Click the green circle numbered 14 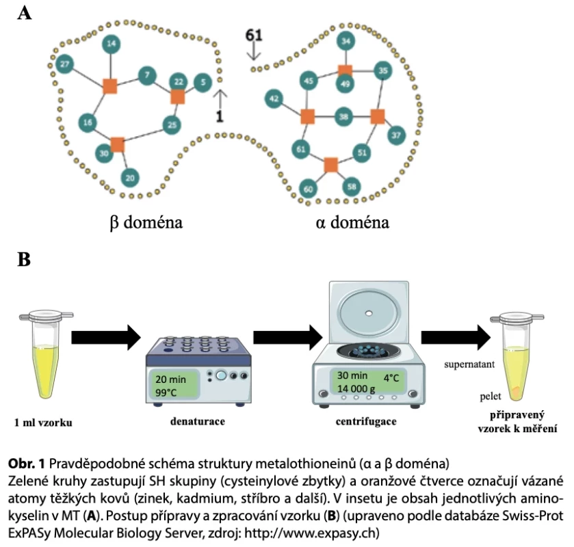[x=112, y=44]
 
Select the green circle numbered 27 [x=64, y=64]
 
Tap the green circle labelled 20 [x=130, y=178]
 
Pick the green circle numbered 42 [x=274, y=98]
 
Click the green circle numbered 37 [x=396, y=135]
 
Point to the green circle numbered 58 [x=352, y=187]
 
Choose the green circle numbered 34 [x=346, y=40]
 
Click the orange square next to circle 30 [x=118, y=144]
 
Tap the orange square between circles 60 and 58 [x=331, y=165]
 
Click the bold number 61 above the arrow [x=254, y=35]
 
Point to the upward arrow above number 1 [x=220, y=98]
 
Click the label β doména [x=146, y=222]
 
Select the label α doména [x=352, y=222]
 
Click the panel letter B [x=24, y=259]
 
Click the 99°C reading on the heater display [x=166, y=392]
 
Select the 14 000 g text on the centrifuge [x=356, y=389]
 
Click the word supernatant [x=469, y=364]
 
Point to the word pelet [x=491, y=397]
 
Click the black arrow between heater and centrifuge [x=288, y=337]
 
